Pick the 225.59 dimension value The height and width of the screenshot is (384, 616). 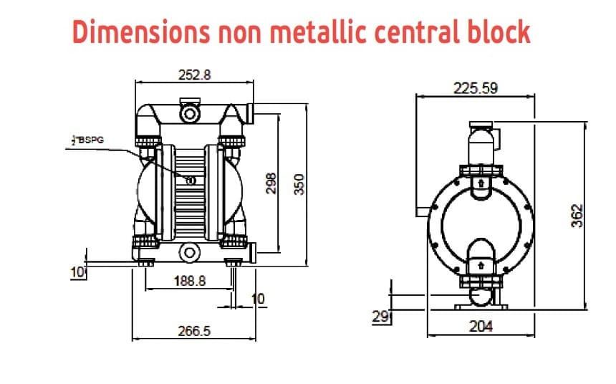476,88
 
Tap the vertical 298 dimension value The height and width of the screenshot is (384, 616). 271,183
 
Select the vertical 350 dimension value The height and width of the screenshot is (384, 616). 300,183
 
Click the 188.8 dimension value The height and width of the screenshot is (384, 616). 190,281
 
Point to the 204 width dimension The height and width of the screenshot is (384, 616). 481,326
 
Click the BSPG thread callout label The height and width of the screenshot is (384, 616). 88,140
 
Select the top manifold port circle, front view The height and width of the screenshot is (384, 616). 191,112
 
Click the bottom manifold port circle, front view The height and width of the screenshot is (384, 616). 191,251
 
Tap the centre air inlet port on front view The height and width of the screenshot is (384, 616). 191,180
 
